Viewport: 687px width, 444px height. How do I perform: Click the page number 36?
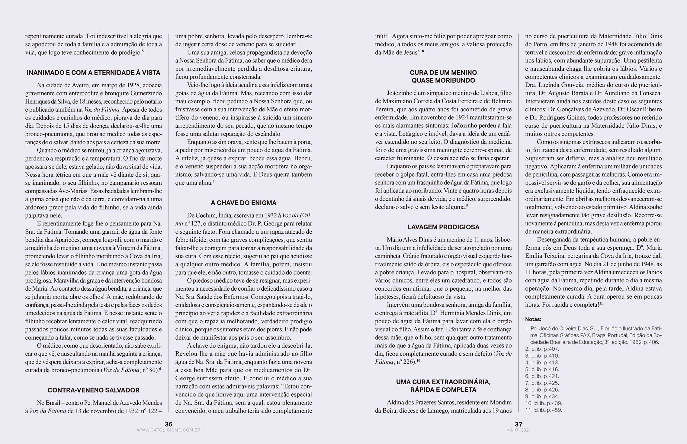pos(169,424)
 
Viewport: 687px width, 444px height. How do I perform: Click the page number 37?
pos(518,424)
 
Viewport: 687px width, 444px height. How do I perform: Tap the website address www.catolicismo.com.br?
pos(169,430)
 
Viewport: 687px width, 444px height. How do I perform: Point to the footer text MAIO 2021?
pos(518,430)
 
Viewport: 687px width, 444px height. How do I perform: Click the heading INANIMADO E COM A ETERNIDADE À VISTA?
pos(94,73)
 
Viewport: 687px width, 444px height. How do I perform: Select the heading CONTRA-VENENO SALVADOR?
pos(94,390)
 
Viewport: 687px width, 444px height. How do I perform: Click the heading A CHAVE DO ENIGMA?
pos(244,203)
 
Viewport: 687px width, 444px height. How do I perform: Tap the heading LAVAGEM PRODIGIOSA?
pos(443,227)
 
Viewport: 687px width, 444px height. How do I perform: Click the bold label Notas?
pos(533,319)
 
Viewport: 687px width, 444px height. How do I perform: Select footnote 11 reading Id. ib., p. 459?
pos(544,410)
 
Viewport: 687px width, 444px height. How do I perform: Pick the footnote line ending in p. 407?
pos(542,349)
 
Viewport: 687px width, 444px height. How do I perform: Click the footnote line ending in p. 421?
pos(542,376)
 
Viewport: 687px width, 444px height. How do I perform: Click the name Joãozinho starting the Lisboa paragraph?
pos(400,93)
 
